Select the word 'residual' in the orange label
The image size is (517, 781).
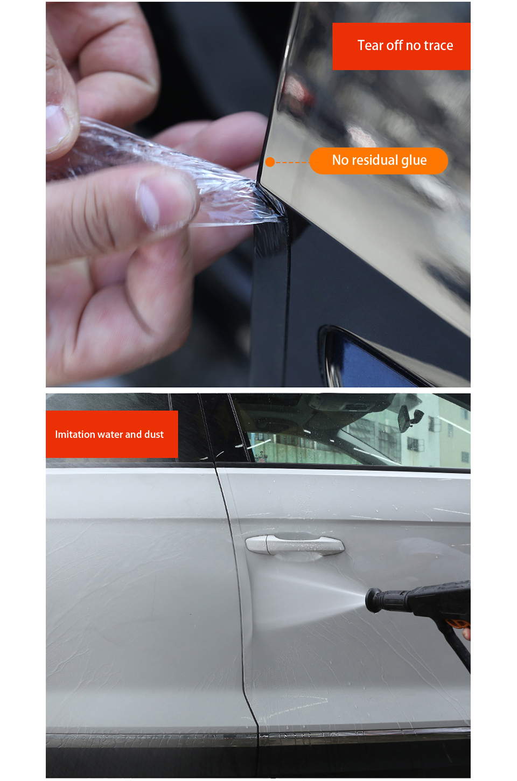[375, 160]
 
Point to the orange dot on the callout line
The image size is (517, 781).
[270, 162]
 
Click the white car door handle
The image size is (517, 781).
[295, 544]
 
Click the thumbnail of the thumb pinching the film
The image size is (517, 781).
[149, 205]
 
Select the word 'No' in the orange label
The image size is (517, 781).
[340, 160]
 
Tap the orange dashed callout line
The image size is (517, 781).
[292, 163]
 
